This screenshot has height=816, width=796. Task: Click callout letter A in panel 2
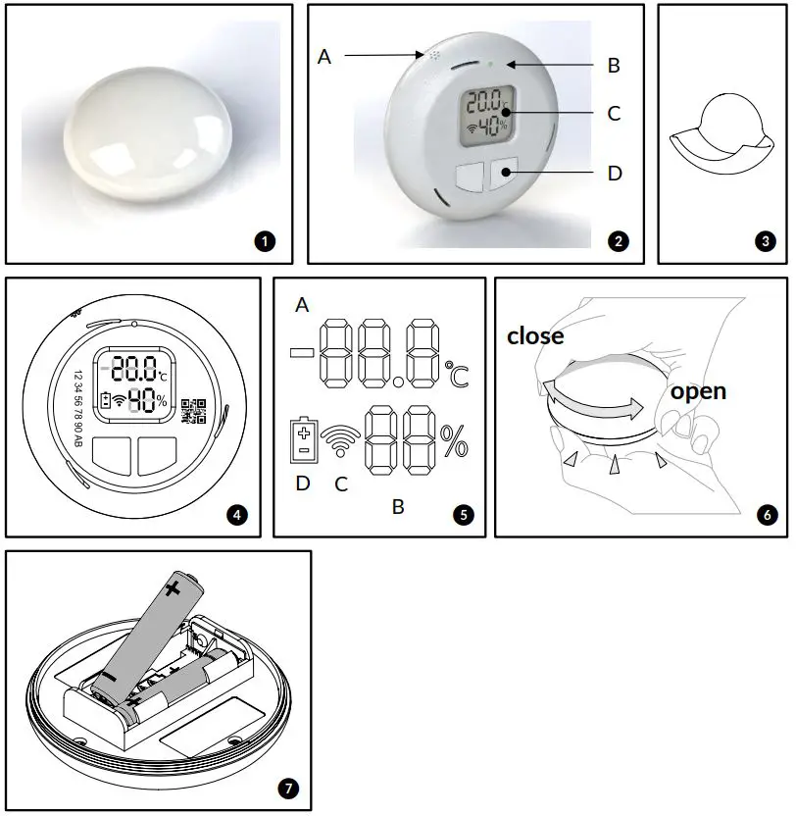pyautogui.click(x=324, y=57)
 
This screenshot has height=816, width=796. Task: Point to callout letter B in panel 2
pyautogui.click(x=614, y=66)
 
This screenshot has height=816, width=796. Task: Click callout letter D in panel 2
pyautogui.click(x=614, y=174)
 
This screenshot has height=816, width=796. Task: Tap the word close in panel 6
pyautogui.click(x=535, y=336)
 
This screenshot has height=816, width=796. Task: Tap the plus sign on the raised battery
pyautogui.click(x=174, y=588)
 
